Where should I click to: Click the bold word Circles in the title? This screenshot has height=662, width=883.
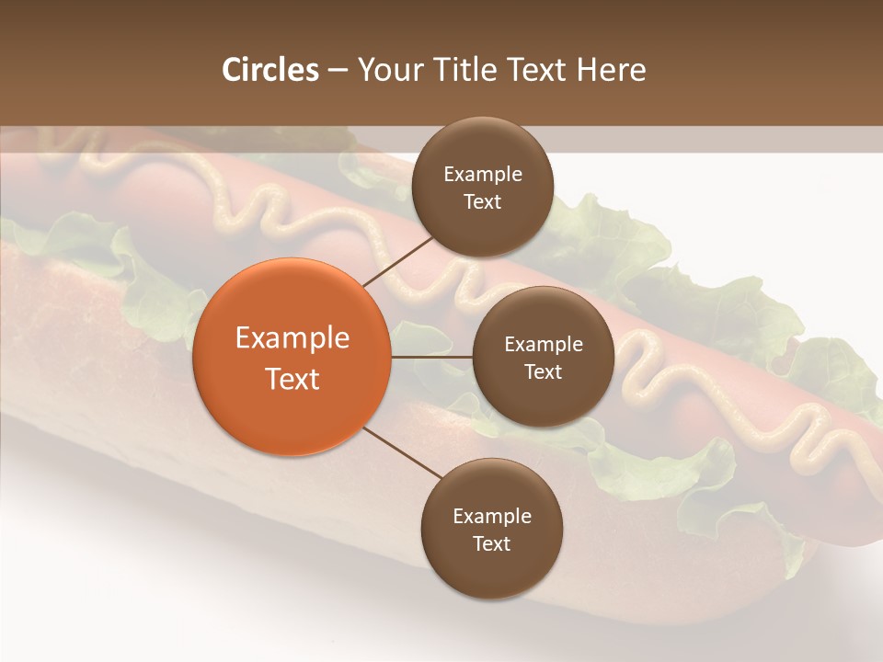click(x=270, y=70)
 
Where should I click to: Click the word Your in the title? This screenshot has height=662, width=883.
click(x=390, y=70)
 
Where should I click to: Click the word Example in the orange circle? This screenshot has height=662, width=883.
click(x=292, y=338)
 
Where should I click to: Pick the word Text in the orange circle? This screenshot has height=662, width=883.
click(x=292, y=379)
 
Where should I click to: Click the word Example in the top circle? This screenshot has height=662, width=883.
click(x=483, y=175)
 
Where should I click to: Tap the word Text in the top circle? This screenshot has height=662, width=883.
click(x=483, y=202)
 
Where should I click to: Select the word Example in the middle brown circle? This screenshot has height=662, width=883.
click(x=543, y=345)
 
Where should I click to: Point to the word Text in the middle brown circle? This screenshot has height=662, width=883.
click(x=543, y=372)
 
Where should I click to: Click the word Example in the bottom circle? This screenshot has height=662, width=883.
click(x=492, y=517)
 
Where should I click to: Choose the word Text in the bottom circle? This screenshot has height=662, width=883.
click(x=492, y=544)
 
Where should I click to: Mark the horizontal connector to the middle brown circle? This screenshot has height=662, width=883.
click(x=431, y=357)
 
